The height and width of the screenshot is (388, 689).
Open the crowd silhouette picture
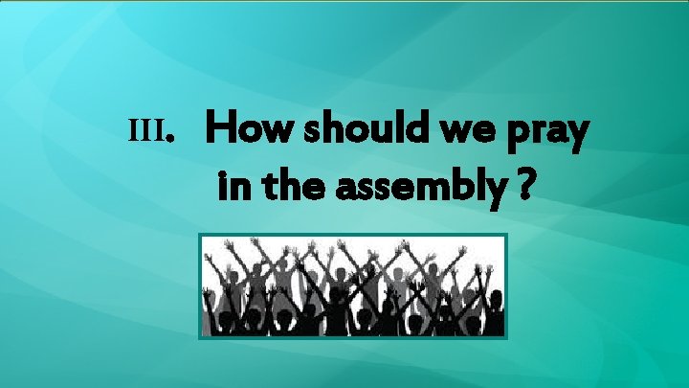click(351, 285)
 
